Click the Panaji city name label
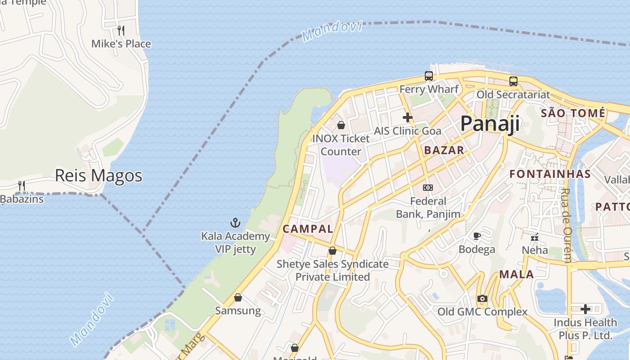[x=490, y=123]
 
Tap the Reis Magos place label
[x=99, y=175]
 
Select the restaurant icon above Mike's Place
[x=121, y=31]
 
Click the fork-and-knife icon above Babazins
[x=21, y=185]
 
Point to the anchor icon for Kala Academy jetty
[x=235, y=222]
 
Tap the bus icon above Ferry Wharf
[x=428, y=76]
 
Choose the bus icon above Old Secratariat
[x=513, y=81]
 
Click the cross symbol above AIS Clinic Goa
[x=408, y=117]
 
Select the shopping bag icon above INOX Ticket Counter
[x=341, y=125]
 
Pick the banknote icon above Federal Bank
[x=428, y=187]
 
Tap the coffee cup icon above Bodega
[x=477, y=236]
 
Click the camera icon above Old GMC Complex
[x=482, y=298]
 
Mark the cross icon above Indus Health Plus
[x=585, y=309]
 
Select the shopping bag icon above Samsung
[x=238, y=297]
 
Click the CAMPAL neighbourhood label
[x=308, y=229]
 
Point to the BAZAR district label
[x=444, y=150]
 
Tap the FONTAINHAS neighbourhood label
[x=550, y=174]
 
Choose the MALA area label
[x=517, y=274]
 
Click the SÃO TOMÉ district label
[x=573, y=113]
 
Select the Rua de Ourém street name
[x=566, y=225]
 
